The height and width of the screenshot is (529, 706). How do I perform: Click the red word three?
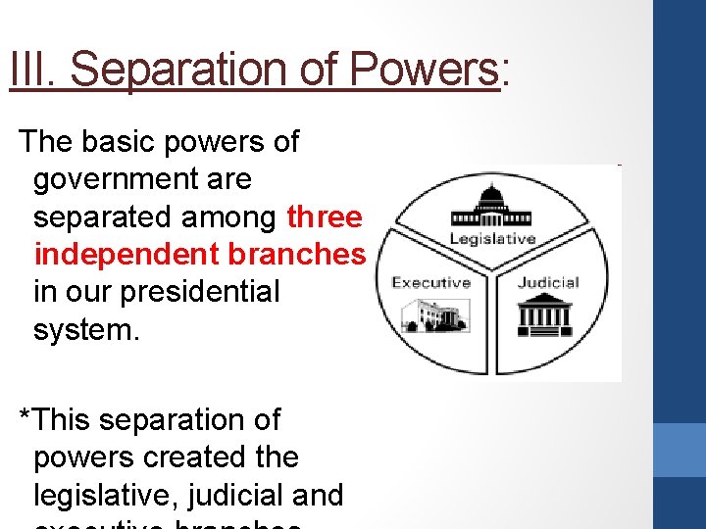pos(325,216)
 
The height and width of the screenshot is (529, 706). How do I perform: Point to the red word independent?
pos(126,254)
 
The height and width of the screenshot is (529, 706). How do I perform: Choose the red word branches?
pos(296,254)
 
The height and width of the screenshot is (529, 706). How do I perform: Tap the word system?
pos(86,328)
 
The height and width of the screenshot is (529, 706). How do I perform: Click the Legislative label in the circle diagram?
pos(492,238)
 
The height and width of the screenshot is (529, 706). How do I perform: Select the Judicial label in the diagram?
pos(548,282)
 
